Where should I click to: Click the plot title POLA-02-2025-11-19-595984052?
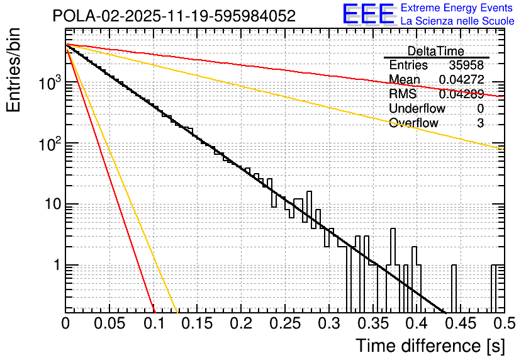(174, 16)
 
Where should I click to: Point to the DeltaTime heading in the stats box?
(435, 51)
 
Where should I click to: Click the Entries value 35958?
(466, 65)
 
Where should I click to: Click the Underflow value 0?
(480, 108)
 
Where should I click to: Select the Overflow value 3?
(480, 123)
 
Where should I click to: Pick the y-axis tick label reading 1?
(55, 265)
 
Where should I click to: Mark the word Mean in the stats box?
(405, 80)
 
